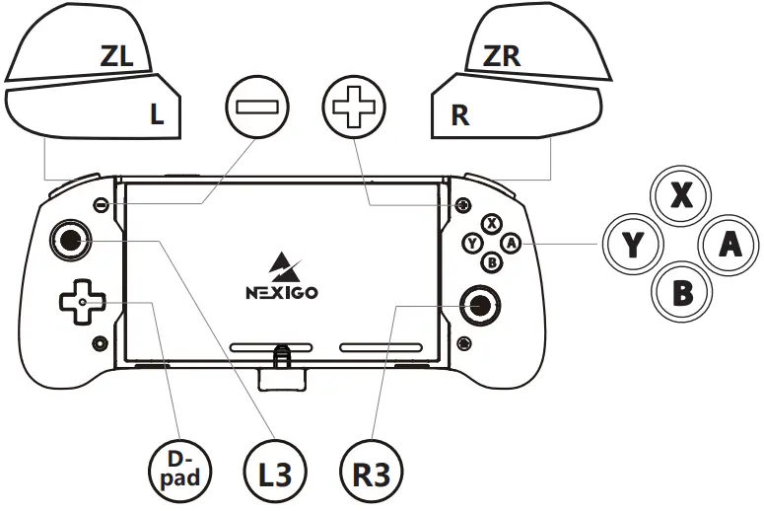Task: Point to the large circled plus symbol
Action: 352,109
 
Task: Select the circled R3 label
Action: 370,473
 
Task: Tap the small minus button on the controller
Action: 101,205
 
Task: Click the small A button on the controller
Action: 510,242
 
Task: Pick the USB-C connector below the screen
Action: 282,365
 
